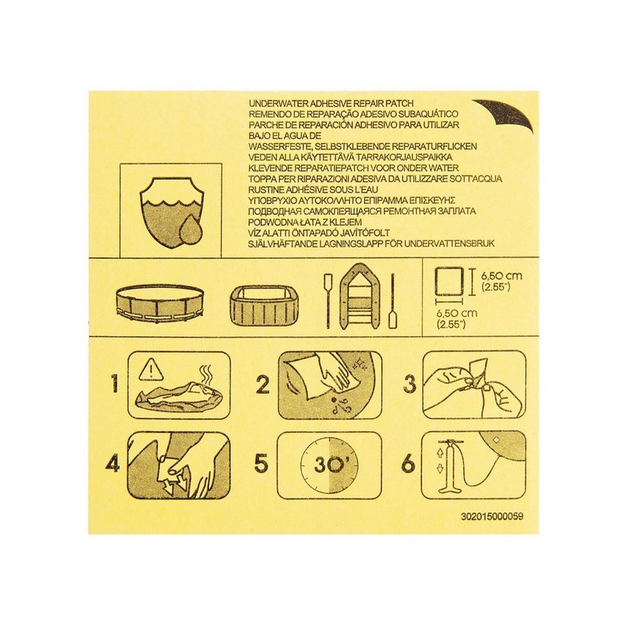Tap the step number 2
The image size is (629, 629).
click(x=263, y=386)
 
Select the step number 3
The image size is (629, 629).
click(x=409, y=386)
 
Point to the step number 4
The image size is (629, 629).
click(x=114, y=464)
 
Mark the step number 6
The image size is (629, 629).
click(x=409, y=464)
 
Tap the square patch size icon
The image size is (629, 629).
click(x=450, y=281)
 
